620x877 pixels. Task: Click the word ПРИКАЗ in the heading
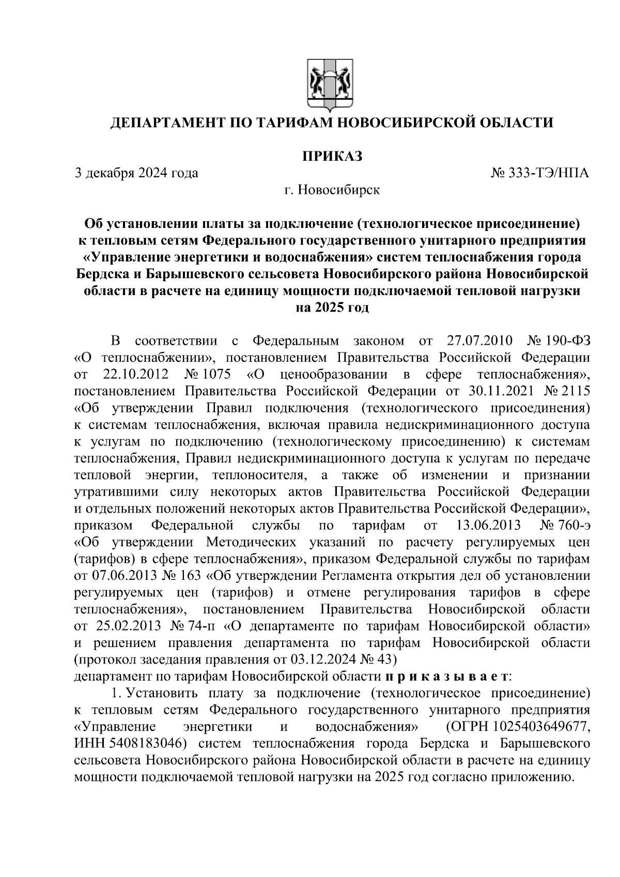pyautogui.click(x=332, y=156)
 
